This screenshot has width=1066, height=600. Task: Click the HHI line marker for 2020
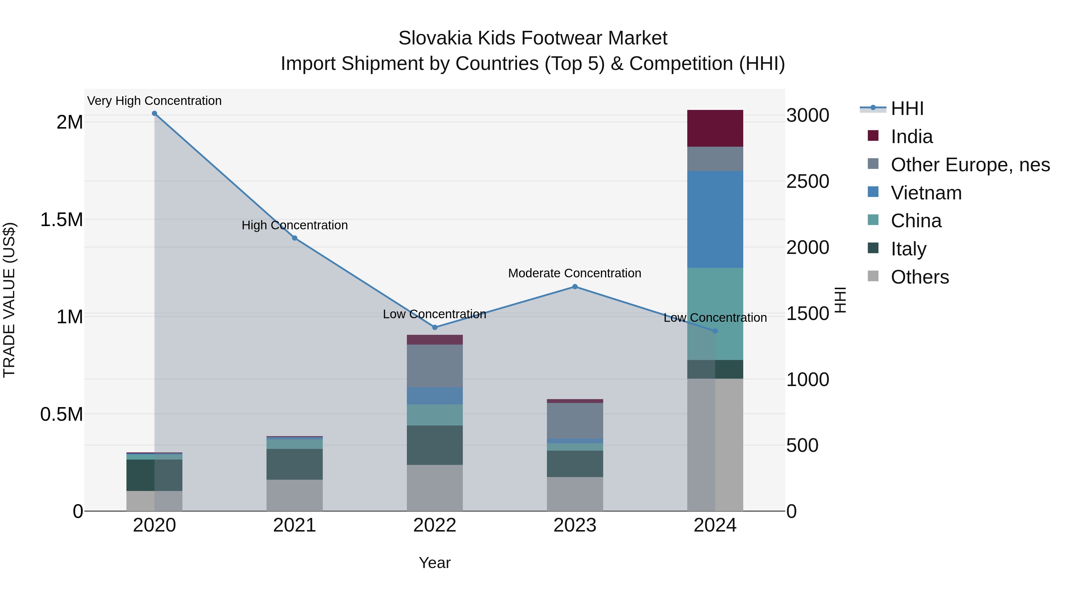click(154, 113)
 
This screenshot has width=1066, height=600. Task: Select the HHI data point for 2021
click(295, 238)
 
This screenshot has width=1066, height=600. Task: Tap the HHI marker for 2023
click(575, 287)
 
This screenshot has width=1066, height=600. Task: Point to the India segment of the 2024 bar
click(715, 128)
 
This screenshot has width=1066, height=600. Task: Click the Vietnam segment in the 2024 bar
click(715, 220)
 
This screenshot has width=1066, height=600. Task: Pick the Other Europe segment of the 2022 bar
click(434, 366)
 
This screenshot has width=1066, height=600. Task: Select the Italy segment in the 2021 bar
click(295, 464)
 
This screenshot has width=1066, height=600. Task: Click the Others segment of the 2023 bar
click(575, 494)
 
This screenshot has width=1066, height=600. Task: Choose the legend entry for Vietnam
click(926, 193)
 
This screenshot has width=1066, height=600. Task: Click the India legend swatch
click(873, 136)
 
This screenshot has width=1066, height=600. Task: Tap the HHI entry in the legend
click(907, 108)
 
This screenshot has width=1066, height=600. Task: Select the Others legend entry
click(919, 277)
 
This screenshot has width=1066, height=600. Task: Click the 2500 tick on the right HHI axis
click(807, 181)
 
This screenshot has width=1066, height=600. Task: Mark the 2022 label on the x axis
click(434, 525)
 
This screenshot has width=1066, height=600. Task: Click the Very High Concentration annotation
click(154, 101)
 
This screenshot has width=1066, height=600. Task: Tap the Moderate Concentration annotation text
click(574, 273)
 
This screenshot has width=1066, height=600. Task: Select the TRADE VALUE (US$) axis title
click(9, 300)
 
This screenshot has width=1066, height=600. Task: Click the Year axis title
click(434, 563)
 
